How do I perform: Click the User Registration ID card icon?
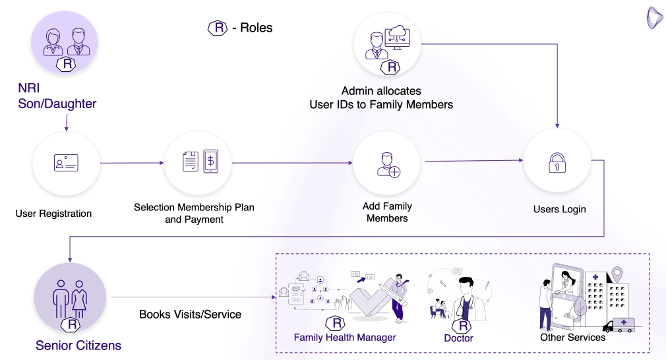pyautogui.click(x=66, y=163)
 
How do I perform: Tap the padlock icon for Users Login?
pyautogui.click(x=557, y=162)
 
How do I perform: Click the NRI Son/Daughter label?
pyautogui.click(x=57, y=96)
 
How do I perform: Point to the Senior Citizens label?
pyautogui.click(x=78, y=345)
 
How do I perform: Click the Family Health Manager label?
pyautogui.click(x=345, y=338)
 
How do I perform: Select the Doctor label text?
pyautogui.click(x=458, y=338)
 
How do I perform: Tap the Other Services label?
pyautogui.click(x=572, y=338)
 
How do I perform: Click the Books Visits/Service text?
pyautogui.click(x=190, y=315)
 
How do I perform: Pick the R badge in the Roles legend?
pyautogui.click(x=218, y=28)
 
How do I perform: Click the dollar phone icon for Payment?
pyautogui.click(x=211, y=162)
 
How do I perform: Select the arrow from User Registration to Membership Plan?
pyautogui.click(x=132, y=163)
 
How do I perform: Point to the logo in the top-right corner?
pyautogui.click(x=654, y=18)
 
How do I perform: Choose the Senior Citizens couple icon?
pyautogui.click(x=69, y=297)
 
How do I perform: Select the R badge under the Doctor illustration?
pyautogui.click(x=464, y=326)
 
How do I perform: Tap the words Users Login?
pyautogui.click(x=559, y=210)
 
